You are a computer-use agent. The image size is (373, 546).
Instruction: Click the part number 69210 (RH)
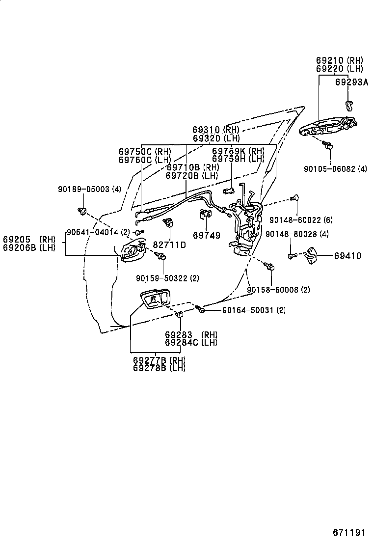pos(339,61)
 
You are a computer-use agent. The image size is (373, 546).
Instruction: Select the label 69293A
pos(351,82)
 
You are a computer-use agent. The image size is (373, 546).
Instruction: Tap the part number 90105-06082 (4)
pos(335,168)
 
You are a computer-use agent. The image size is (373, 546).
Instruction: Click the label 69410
pos(347,256)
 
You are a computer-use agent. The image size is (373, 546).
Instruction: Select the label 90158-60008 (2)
pos(278,290)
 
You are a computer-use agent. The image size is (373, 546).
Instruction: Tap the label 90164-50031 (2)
pos(254,310)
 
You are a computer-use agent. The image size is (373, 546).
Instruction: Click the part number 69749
pos(207,236)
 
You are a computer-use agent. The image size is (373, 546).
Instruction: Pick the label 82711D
pos(169,245)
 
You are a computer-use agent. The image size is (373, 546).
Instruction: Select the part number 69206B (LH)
pos(29,247)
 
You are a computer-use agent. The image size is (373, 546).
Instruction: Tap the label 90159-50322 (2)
pos(168,278)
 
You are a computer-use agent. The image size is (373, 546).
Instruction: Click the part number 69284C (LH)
pos(191,342)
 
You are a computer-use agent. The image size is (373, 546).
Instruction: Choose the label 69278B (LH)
pos(159,368)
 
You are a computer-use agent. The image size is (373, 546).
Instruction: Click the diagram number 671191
pos(349,533)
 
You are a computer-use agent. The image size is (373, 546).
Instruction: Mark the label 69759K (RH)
pos(238,151)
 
